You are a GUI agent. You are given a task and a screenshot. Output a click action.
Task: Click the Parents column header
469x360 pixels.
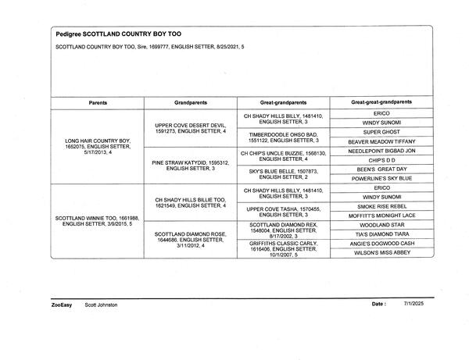tap(98, 102)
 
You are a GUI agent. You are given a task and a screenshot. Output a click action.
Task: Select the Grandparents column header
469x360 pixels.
tap(191, 102)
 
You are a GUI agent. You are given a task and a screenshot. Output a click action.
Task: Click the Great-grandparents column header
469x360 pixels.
tap(283, 102)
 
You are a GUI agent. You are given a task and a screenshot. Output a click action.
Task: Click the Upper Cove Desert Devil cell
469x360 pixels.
tap(191, 128)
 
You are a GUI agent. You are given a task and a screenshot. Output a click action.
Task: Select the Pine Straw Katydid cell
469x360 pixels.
tap(191, 165)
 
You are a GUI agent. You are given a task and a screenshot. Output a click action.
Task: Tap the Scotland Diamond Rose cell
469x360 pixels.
tap(191, 240)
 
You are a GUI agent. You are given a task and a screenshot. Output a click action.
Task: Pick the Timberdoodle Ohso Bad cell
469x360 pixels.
tap(283, 137)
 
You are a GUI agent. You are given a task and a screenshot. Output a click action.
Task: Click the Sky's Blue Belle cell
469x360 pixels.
tap(283, 173)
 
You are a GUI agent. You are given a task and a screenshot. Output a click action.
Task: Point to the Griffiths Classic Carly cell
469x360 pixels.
tap(283, 248)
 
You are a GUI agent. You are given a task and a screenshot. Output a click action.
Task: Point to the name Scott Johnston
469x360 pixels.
tap(101, 305)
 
